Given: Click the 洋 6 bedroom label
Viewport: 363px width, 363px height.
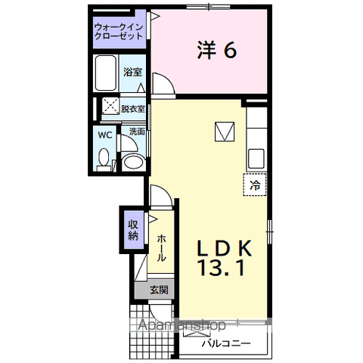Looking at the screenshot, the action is point(217,50).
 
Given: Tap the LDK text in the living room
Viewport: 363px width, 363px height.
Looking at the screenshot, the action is point(225,248).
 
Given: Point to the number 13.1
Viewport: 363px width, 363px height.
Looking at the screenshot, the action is point(222,268).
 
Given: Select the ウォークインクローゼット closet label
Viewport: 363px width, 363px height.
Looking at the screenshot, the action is point(119,31).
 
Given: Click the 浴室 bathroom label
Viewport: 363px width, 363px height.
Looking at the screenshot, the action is point(132,72).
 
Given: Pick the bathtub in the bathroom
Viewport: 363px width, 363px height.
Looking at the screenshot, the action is point(106,73).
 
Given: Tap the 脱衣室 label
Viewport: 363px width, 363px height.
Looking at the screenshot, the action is point(133,109).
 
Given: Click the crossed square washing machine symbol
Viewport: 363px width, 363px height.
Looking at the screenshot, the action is point(110,106).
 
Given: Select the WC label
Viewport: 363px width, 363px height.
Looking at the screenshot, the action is point(105,135).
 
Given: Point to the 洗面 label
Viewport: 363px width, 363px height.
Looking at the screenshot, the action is point(137,131).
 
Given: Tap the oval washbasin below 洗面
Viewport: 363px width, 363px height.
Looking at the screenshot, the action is point(134,162).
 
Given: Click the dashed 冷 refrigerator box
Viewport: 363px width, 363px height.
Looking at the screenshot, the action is point(255,185).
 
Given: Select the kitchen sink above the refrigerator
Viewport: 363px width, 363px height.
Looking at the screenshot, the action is point(256,159).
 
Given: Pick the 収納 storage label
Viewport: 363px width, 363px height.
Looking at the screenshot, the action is point(133,229).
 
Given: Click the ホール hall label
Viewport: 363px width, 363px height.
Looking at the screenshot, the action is point(162,248).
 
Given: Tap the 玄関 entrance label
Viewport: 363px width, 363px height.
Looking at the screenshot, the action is point(159,290).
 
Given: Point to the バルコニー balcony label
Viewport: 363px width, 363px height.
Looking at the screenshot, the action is point(226,343).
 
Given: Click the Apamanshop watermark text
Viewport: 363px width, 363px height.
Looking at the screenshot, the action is point(181,325).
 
